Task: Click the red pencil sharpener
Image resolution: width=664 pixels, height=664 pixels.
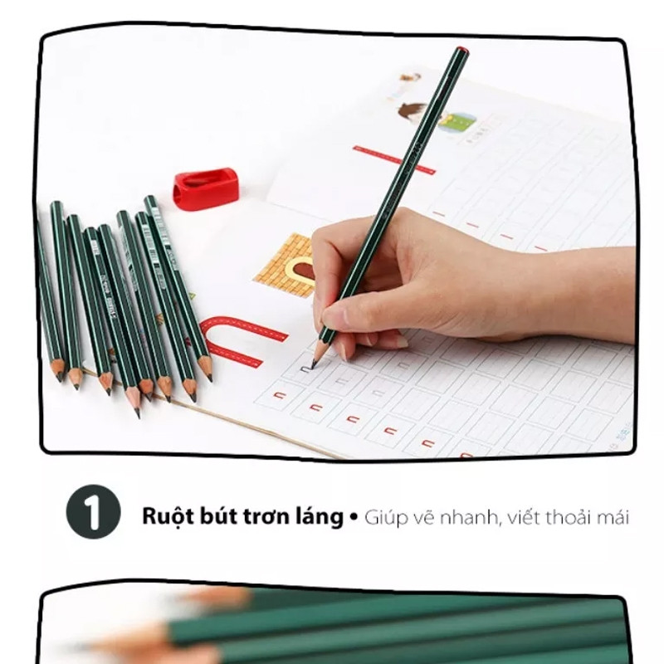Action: (205, 188)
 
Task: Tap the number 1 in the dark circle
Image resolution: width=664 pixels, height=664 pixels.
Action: (93, 515)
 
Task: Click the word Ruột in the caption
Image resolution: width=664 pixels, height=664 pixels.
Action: (166, 517)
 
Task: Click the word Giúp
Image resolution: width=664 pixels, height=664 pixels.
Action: (383, 518)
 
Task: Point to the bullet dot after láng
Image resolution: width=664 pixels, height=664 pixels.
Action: (354, 517)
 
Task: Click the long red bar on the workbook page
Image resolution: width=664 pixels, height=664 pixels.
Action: (393, 159)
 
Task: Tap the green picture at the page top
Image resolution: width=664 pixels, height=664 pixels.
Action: (458, 123)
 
